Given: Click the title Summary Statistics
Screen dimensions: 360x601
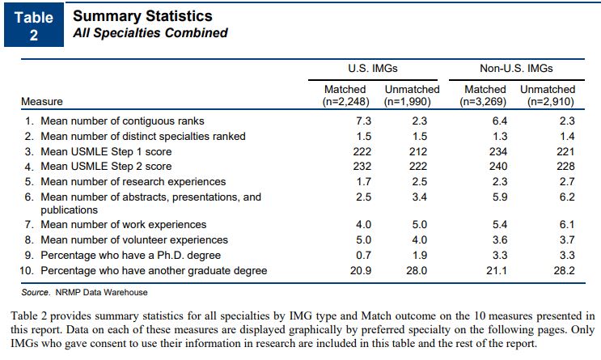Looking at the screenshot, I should (142, 16).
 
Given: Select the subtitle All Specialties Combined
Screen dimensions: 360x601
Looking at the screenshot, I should (150, 33).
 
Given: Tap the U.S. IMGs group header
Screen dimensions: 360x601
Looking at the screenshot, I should (373, 68).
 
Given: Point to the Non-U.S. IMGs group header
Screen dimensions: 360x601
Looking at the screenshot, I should (516, 68).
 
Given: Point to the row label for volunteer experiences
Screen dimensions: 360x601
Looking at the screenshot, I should (134, 239).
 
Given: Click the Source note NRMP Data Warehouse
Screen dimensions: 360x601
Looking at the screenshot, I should (85, 291).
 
